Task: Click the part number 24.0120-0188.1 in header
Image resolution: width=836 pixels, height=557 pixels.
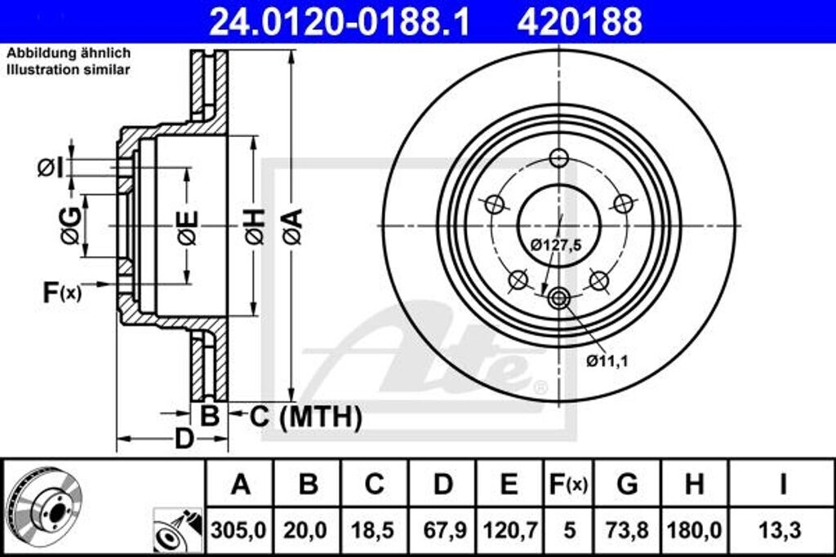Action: point(340,22)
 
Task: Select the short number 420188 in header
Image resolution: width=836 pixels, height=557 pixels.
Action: point(580,22)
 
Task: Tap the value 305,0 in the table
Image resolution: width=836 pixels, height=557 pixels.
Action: point(239,530)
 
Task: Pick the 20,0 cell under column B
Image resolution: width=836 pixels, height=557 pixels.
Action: point(308,530)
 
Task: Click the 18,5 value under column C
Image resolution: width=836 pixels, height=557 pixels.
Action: point(374,530)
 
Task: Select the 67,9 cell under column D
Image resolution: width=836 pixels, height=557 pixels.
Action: point(442,530)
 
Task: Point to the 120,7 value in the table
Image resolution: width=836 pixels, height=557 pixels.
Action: point(509,530)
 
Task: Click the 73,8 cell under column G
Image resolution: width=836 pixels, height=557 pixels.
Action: point(627,530)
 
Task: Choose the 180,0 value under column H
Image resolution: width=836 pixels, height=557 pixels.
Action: point(695,530)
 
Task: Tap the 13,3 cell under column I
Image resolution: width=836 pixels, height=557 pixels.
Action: point(782,530)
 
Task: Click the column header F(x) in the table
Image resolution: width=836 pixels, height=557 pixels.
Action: point(567,484)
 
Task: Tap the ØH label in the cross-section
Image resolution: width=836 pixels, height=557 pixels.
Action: point(254,226)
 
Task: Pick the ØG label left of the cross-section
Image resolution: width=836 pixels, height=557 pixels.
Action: point(70,226)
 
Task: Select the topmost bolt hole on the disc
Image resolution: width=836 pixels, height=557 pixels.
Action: point(558,158)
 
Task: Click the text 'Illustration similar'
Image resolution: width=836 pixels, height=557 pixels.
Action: point(69,70)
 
